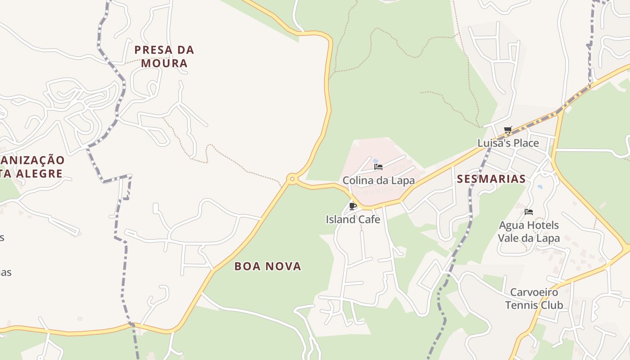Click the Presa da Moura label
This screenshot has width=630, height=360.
click(x=164, y=56)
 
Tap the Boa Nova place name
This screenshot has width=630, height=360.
click(x=268, y=266)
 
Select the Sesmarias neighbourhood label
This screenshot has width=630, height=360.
click(x=491, y=179)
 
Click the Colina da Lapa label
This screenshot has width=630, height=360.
click(x=378, y=180)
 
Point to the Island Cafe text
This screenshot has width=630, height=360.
click(x=353, y=220)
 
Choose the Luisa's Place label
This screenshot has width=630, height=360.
click(x=508, y=143)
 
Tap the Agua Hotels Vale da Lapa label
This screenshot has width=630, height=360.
click(x=529, y=231)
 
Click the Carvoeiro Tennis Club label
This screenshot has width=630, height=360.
click(x=534, y=299)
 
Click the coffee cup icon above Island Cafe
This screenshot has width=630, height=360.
click(x=353, y=206)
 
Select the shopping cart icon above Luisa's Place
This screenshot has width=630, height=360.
click(x=508, y=130)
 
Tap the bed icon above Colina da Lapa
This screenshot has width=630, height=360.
click(x=378, y=167)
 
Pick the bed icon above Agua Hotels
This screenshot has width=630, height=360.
click(x=529, y=211)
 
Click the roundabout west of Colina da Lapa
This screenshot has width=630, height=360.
click(x=292, y=179)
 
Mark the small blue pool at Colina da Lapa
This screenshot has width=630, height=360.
click(x=376, y=161)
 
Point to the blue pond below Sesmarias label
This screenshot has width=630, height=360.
click(x=540, y=186)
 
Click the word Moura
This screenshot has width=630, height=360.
click(x=164, y=63)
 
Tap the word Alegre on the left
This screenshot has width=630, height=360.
click(x=38, y=173)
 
